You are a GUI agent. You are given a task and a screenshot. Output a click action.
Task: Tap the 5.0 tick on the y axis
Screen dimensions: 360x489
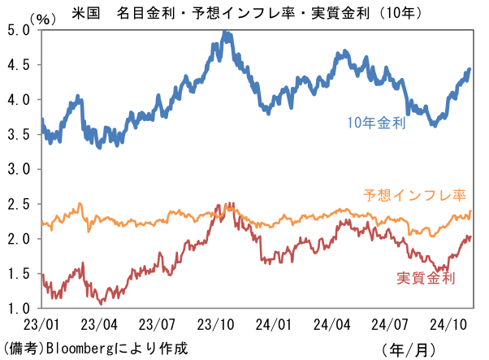(19, 28)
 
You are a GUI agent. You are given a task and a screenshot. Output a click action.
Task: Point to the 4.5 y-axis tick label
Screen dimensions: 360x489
(19, 64)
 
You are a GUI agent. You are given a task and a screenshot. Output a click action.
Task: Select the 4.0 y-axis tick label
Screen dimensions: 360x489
(19, 99)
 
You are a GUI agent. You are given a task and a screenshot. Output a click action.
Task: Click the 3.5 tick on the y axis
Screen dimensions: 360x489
(19, 134)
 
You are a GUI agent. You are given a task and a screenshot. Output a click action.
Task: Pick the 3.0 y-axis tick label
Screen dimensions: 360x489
(19, 169)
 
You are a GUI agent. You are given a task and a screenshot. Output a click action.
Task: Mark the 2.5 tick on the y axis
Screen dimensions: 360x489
(19, 204)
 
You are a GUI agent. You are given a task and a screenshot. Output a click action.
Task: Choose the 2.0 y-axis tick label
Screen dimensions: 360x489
(19, 239)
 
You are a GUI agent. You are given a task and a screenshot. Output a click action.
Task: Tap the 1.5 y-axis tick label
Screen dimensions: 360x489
(19, 274)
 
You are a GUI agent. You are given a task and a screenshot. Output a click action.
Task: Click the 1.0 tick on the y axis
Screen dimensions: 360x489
(19, 309)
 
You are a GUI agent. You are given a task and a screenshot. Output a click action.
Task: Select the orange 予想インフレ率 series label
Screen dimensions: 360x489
(413, 196)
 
